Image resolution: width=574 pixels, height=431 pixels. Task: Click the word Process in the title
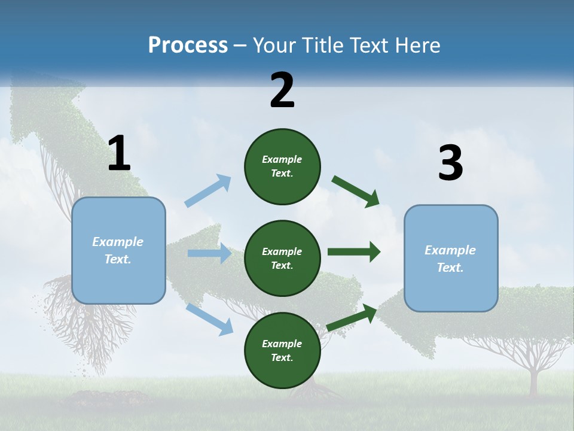coord(188,45)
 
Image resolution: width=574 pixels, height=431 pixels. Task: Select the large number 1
coord(119,154)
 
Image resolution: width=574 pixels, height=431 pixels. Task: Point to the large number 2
coord(282,90)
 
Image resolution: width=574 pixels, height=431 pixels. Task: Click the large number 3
coord(450,164)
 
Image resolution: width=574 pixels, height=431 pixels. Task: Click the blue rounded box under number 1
coord(118,250)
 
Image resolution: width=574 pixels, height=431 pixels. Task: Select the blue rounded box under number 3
coord(451,258)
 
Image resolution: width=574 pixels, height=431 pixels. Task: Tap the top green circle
coord(282,166)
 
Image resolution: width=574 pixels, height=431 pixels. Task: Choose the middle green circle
coord(282,258)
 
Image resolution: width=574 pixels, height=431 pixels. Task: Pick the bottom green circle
coord(282,350)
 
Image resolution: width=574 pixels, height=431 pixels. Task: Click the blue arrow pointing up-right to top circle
coord(208,190)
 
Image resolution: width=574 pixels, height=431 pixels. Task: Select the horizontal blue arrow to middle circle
coord(209,253)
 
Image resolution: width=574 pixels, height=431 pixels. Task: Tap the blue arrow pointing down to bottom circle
coord(209,319)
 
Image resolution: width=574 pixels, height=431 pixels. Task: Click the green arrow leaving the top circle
coord(356,191)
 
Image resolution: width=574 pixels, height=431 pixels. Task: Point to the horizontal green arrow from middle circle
coord(354,251)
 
